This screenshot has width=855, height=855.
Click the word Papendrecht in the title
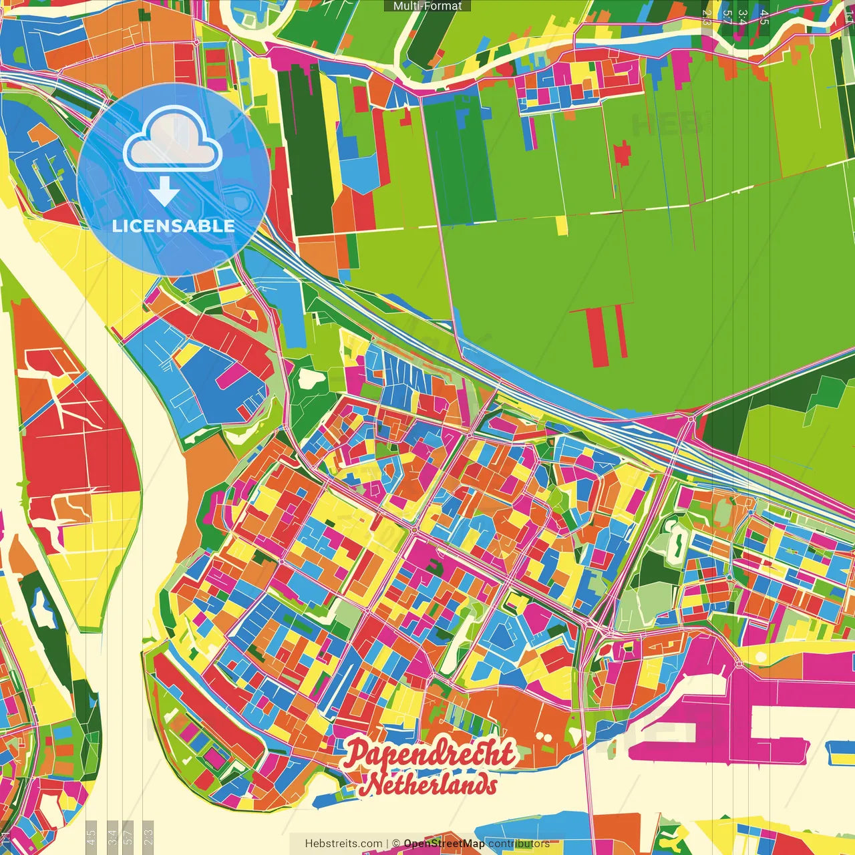[x=430, y=753]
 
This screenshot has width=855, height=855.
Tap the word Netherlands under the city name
[x=432, y=784]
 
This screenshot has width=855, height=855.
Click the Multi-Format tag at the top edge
[x=427, y=6]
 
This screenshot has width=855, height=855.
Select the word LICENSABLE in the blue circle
[x=174, y=226]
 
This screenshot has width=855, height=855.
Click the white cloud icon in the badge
[x=173, y=142]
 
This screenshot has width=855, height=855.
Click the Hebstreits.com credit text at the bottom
[x=343, y=844]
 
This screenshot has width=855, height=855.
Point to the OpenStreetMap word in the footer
[x=444, y=844]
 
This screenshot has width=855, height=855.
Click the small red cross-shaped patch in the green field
[x=622, y=154]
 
